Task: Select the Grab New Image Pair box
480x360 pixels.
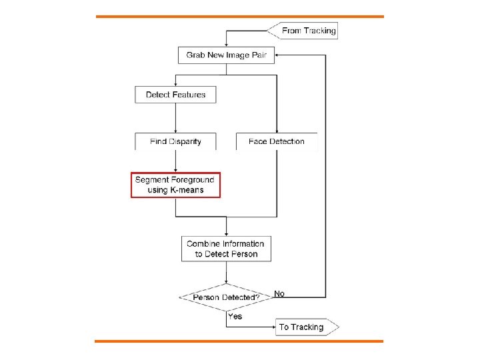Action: [226, 55]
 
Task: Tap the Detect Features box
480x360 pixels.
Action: [175, 95]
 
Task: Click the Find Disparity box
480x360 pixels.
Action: [175, 141]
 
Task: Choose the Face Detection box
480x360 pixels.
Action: [276, 141]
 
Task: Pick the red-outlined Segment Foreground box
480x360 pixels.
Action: [175, 185]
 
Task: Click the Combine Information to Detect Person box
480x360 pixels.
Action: [226, 249]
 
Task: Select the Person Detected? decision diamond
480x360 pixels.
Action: [226, 297]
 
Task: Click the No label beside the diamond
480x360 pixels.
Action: [279, 293]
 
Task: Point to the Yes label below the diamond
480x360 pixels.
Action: [235, 316]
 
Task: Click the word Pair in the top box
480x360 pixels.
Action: [259, 55]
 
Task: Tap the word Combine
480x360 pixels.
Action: [203, 243]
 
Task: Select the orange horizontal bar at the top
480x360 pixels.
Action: [240, 16]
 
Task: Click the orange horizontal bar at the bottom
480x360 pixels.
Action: [240, 341]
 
